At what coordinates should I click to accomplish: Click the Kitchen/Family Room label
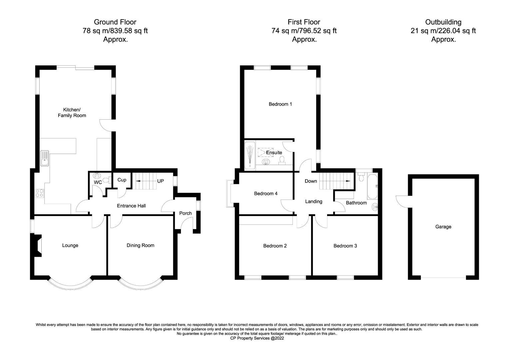point(72,113)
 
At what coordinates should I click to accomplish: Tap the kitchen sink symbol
point(44,158)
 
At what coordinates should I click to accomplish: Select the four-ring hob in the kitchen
point(39,193)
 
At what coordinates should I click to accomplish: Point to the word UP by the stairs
point(161,181)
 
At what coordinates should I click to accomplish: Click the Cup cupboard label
point(122,180)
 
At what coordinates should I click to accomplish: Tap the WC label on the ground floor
point(98,183)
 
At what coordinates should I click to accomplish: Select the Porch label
point(186,213)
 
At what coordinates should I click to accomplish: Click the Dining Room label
point(140,246)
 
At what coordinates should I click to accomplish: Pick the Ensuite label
point(274,153)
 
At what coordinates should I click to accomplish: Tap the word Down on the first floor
point(311,181)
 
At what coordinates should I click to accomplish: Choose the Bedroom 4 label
point(266,194)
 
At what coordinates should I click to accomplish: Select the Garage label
point(443,227)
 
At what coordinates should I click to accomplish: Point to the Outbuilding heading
point(443,22)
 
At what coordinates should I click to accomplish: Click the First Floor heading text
point(304,22)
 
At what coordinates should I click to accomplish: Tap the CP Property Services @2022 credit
point(257,338)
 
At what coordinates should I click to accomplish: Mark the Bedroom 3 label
point(345,246)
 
